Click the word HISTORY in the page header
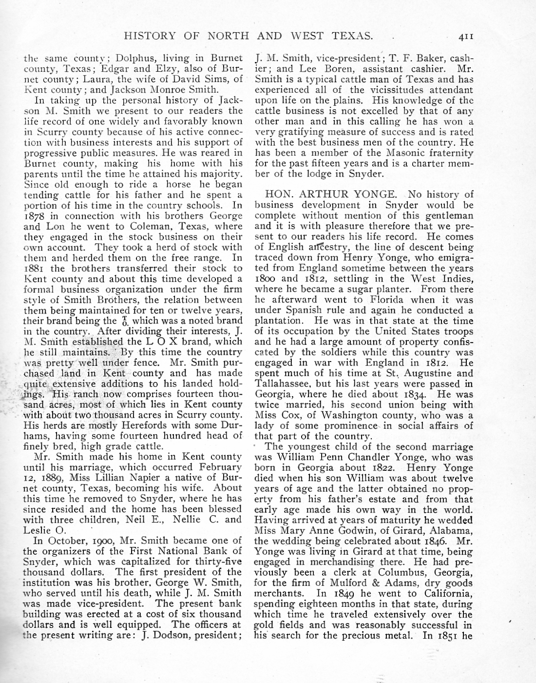pos(150,36)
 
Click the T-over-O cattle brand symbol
pos(124,321)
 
